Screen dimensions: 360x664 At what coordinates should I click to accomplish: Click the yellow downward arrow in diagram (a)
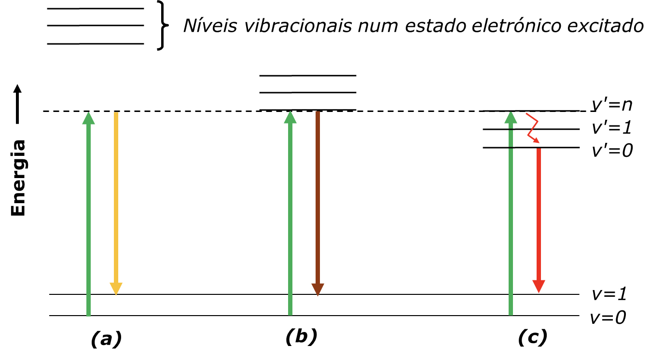coord(115,203)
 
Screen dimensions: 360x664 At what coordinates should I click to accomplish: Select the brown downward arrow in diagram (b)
coord(317,203)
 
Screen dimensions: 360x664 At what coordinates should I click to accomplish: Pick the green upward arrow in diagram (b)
coord(290,213)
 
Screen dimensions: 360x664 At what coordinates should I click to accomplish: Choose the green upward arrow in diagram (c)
coord(511,213)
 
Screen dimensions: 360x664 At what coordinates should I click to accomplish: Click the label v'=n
coord(611,105)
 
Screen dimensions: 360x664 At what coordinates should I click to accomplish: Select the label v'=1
coord(611,128)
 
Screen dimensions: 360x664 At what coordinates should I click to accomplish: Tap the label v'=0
coord(612,151)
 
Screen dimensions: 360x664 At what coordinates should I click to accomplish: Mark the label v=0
coord(609,318)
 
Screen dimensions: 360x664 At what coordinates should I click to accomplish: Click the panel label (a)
coord(106,339)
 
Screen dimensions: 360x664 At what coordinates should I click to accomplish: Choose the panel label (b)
coord(301,336)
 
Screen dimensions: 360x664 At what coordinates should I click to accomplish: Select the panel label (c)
coord(533,337)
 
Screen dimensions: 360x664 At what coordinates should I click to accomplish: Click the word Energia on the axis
coord(19,178)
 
